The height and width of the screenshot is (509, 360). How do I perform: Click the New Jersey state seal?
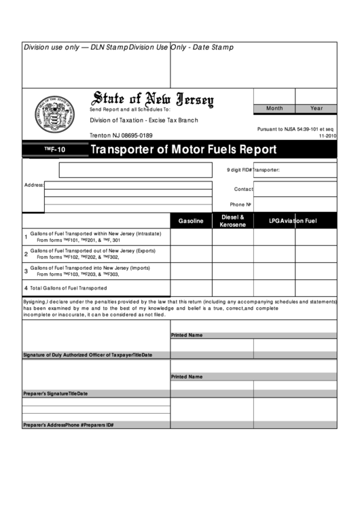(56, 113)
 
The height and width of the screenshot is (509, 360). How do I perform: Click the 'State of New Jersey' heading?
(152, 100)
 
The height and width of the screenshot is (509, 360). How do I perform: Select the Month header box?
(274, 109)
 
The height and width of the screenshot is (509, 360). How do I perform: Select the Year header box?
(317, 109)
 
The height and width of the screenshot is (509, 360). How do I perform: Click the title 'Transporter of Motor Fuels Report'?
(183, 150)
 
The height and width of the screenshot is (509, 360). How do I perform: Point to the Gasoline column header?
(191, 221)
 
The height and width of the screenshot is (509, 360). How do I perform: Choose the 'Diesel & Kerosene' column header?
(232, 221)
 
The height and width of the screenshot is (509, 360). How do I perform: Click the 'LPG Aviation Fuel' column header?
(293, 221)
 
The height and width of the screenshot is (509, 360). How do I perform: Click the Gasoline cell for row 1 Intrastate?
(191, 237)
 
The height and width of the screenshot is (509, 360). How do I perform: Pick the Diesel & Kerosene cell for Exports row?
(232, 254)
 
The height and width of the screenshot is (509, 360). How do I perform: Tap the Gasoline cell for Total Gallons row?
(191, 288)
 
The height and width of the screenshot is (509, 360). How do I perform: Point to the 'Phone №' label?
(240, 205)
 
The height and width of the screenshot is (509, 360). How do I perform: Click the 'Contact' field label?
(243, 189)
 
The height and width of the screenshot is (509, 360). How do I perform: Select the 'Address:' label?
(34, 185)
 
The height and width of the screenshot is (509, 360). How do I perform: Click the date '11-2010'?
(326, 136)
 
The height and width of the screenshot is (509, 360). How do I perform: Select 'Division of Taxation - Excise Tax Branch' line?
(144, 120)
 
